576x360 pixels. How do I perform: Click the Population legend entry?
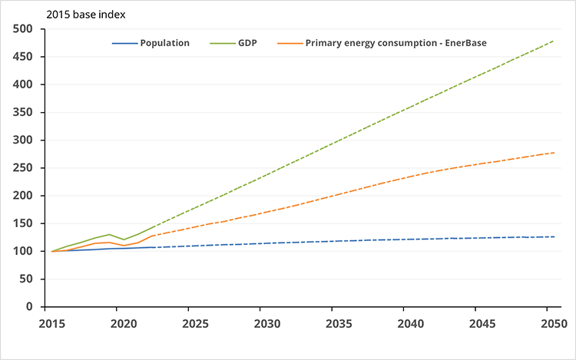point(164,43)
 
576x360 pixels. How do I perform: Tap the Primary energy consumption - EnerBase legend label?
point(396,43)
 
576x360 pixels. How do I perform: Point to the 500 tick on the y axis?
point(22,29)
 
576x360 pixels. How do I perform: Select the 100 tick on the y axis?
point(22,251)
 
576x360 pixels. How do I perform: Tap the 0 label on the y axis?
point(29,307)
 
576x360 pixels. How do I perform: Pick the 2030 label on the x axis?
point(263,323)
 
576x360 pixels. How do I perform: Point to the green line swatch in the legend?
point(222,43)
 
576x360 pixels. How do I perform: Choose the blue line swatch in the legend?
point(124,43)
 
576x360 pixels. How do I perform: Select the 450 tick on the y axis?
point(22,57)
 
